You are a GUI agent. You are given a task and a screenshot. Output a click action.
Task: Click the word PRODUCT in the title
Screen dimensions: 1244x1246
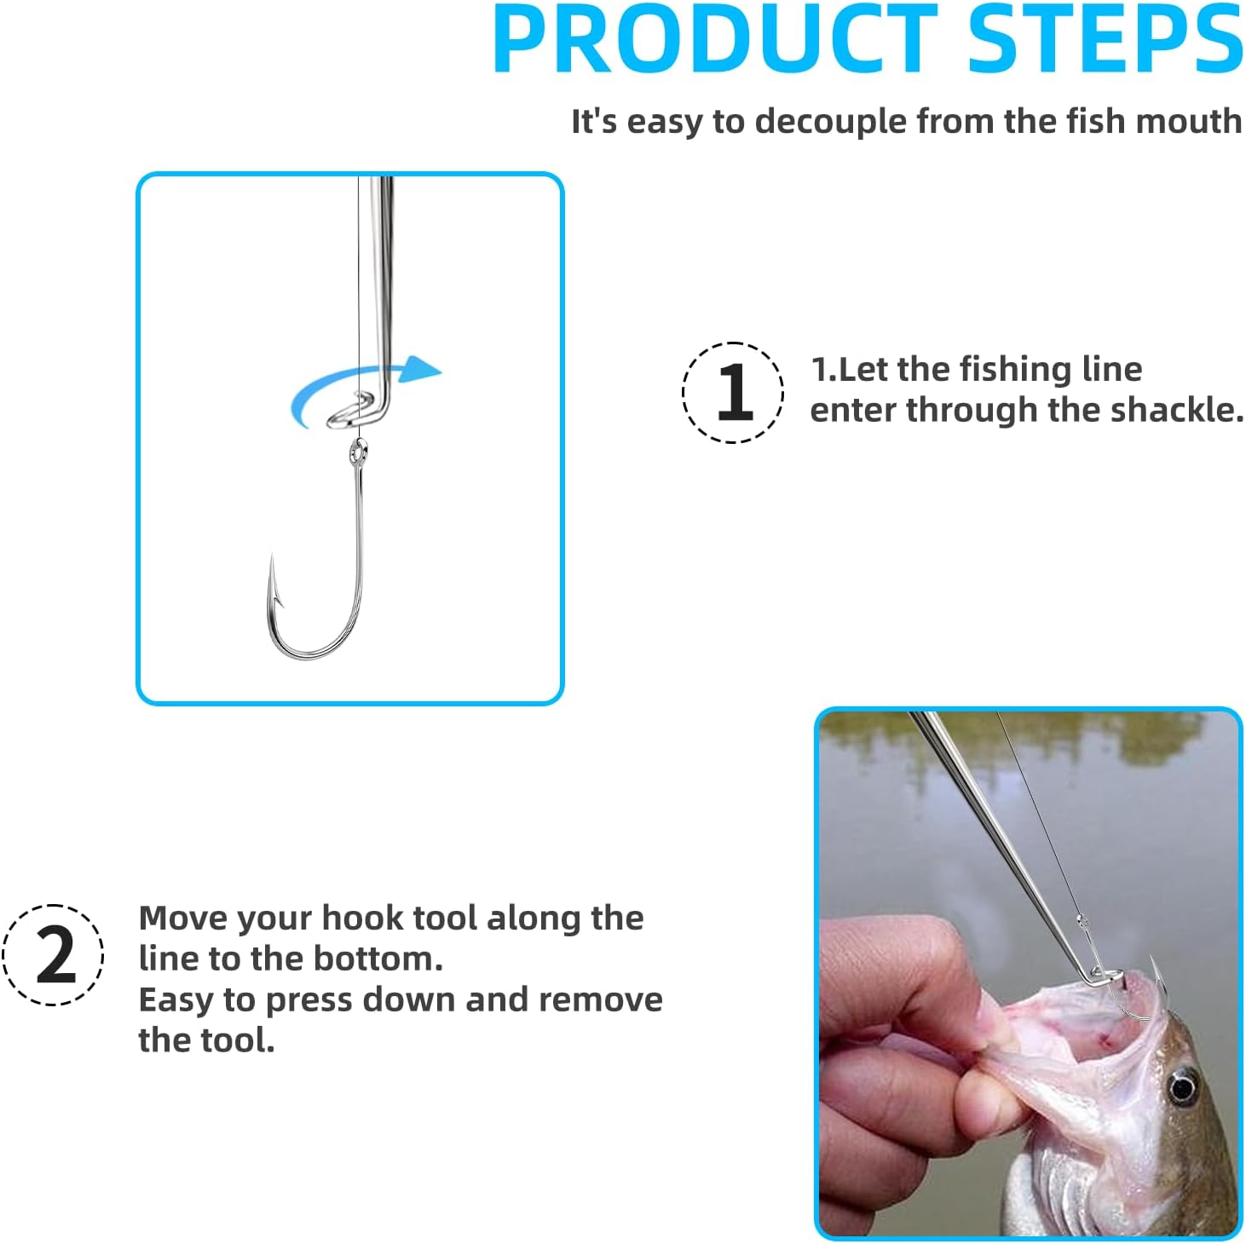714,40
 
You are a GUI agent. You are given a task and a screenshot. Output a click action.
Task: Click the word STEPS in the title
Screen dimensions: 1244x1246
1105,40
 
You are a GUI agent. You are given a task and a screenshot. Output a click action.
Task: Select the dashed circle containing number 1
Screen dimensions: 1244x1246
733,393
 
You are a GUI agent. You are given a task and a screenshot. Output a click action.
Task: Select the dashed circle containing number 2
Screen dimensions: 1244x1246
53,954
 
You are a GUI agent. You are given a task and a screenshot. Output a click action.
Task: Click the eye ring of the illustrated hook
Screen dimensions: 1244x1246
358,452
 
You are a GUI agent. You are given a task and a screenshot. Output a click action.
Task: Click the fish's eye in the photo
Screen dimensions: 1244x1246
1181,1087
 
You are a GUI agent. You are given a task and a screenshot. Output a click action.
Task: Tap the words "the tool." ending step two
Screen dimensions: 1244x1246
206,1040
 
